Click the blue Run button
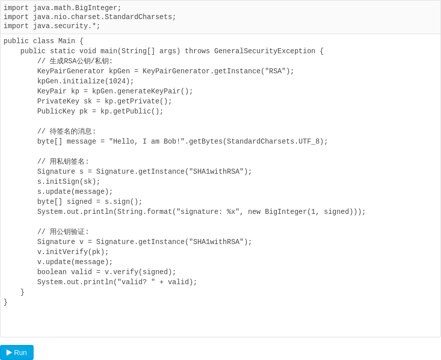pyautogui.click(x=17, y=352)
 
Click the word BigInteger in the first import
pyautogui.click(x=96, y=8)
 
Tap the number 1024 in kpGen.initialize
pyautogui.click(x=117, y=81)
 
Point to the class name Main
pyautogui.click(x=67, y=41)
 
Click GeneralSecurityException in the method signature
pyautogui.click(x=265, y=51)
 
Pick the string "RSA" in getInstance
pyautogui.click(x=275, y=71)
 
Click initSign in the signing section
pyautogui.click(x=62, y=182)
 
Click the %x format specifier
pyautogui.click(x=231, y=212)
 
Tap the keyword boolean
pyautogui.click(x=52, y=272)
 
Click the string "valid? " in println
pyautogui.click(x=136, y=282)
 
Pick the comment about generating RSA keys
pyautogui.click(x=75, y=61)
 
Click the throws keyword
pyautogui.click(x=197, y=51)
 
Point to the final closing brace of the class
pyautogui.click(x=6, y=302)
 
